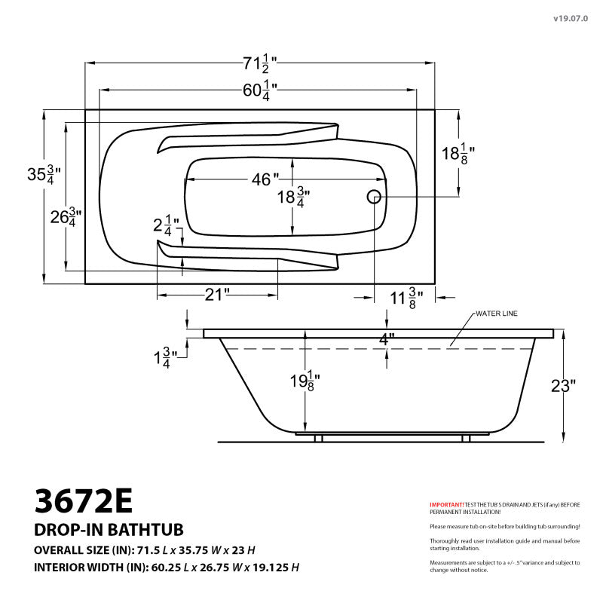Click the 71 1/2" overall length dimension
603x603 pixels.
click(x=259, y=63)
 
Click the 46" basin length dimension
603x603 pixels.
click(x=265, y=179)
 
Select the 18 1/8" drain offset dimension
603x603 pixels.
click(x=458, y=154)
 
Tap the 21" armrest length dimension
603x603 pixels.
click(x=216, y=295)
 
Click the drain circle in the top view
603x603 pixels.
click(x=374, y=197)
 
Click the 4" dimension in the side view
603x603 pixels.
click(x=386, y=339)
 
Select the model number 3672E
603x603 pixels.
click(x=84, y=500)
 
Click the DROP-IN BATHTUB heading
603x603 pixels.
click(x=109, y=530)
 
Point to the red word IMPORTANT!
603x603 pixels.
click(x=446, y=504)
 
